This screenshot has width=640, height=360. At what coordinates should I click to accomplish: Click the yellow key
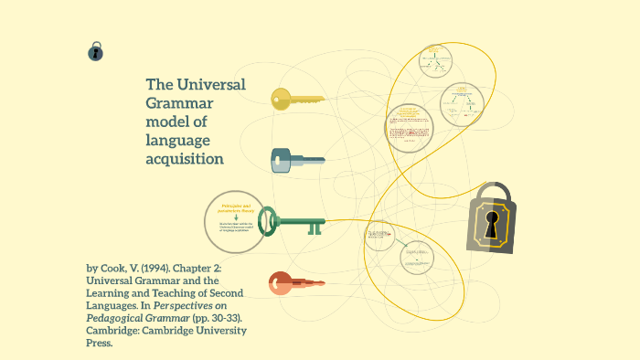[x=297, y=99]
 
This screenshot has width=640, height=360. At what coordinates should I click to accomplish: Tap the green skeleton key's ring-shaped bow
[x=268, y=220]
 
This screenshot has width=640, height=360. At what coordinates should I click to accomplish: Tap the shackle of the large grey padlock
[x=494, y=194]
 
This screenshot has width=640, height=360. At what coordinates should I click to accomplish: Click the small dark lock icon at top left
[x=95, y=52]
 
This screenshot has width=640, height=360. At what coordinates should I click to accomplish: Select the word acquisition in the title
[x=185, y=158]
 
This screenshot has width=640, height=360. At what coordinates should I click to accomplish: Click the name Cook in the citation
[x=120, y=268]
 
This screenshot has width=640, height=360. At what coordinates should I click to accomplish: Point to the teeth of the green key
[x=315, y=228]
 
